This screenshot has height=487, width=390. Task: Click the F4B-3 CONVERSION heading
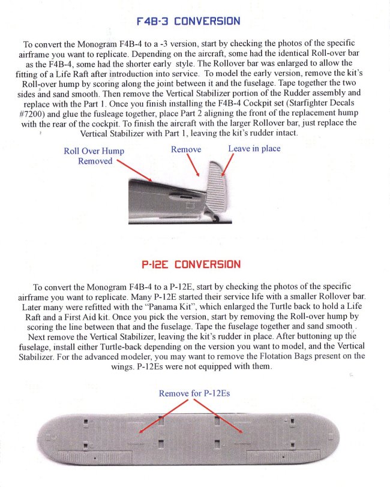[x=188, y=21]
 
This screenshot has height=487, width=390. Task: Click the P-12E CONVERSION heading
[x=191, y=264]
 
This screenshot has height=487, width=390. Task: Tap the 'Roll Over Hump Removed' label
[x=94, y=156]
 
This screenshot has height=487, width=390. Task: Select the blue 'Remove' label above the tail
[x=186, y=149]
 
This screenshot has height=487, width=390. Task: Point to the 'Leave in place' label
[x=254, y=148]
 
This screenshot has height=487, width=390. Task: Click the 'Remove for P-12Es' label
[x=194, y=393]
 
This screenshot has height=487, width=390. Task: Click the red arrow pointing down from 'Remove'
[x=192, y=164]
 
